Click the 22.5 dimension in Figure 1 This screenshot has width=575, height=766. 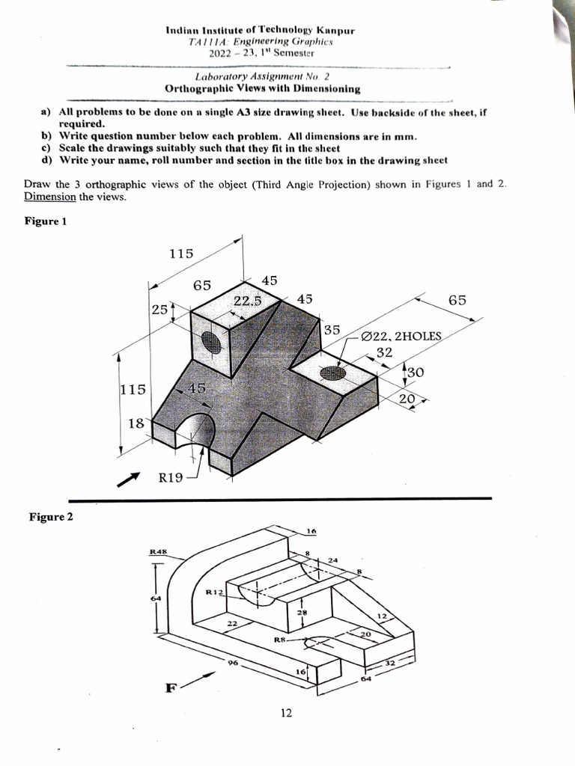[247, 301]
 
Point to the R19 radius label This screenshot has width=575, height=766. [171, 478]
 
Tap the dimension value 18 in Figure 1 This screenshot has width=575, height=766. [136, 423]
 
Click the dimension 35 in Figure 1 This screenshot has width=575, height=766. [332, 329]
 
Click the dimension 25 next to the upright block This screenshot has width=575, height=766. [159, 308]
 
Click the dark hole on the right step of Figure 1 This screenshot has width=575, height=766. [332, 373]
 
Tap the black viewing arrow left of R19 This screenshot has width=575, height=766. [129, 478]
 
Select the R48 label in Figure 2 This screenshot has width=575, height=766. [157, 552]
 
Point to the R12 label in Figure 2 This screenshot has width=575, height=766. [214, 592]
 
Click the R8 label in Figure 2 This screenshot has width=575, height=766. [280, 640]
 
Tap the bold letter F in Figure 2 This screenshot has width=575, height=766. [170, 688]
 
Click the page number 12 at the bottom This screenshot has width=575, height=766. [286, 713]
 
